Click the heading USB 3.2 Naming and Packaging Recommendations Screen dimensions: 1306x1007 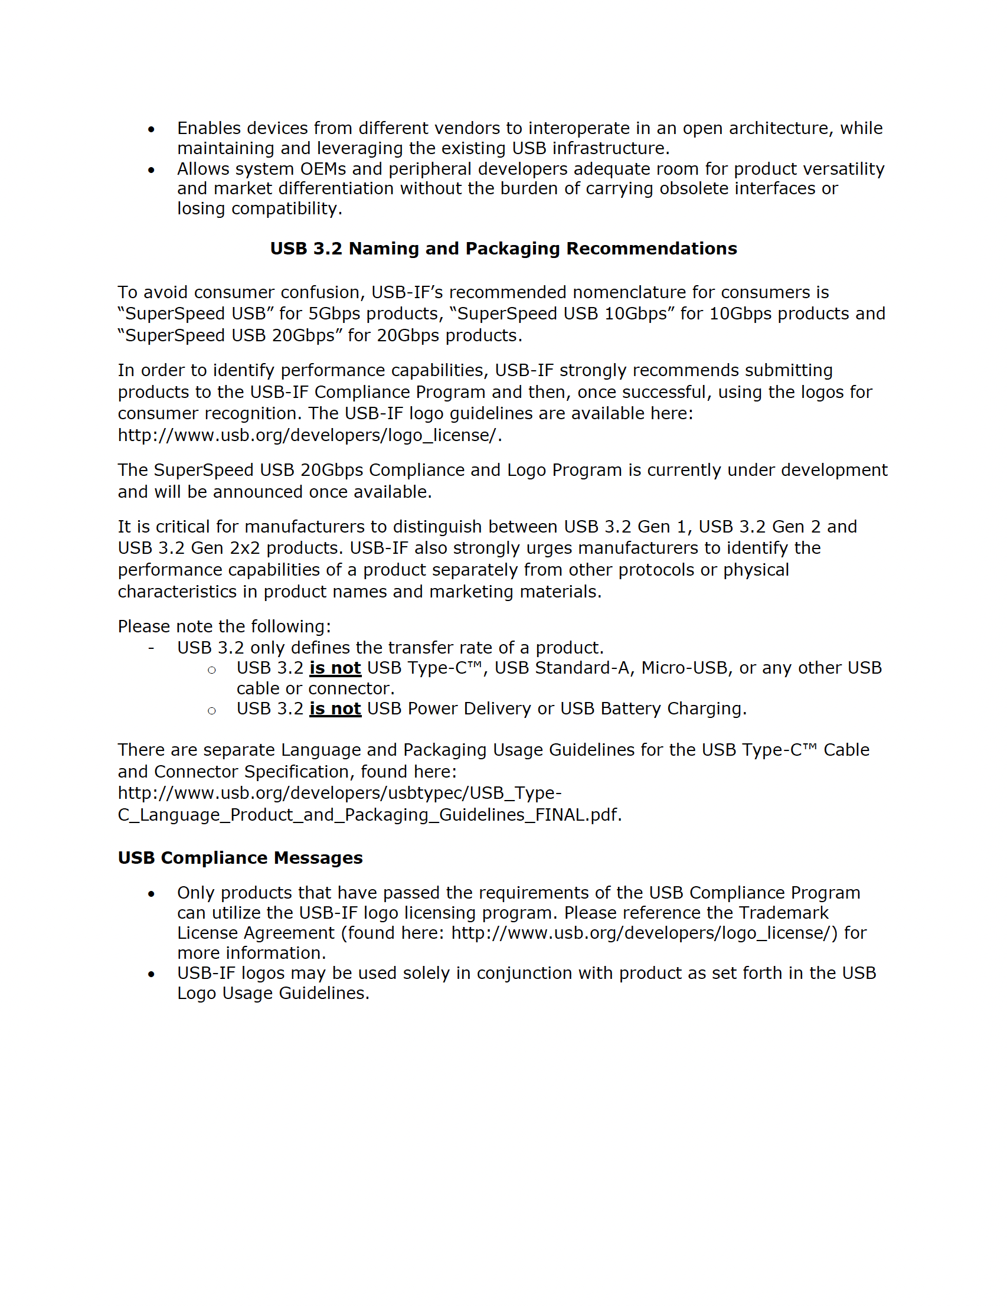click(503, 249)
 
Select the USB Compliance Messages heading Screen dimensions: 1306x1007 click(240, 857)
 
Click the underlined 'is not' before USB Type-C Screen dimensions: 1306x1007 click(335, 668)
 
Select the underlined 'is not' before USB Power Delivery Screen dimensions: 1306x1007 click(335, 708)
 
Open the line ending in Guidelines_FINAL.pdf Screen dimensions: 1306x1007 click(370, 815)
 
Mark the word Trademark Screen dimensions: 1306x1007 click(783, 913)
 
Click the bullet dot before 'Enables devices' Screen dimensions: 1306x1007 click(151, 129)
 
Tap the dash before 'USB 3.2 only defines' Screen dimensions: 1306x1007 click(151, 648)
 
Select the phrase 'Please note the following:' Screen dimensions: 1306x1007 click(224, 626)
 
